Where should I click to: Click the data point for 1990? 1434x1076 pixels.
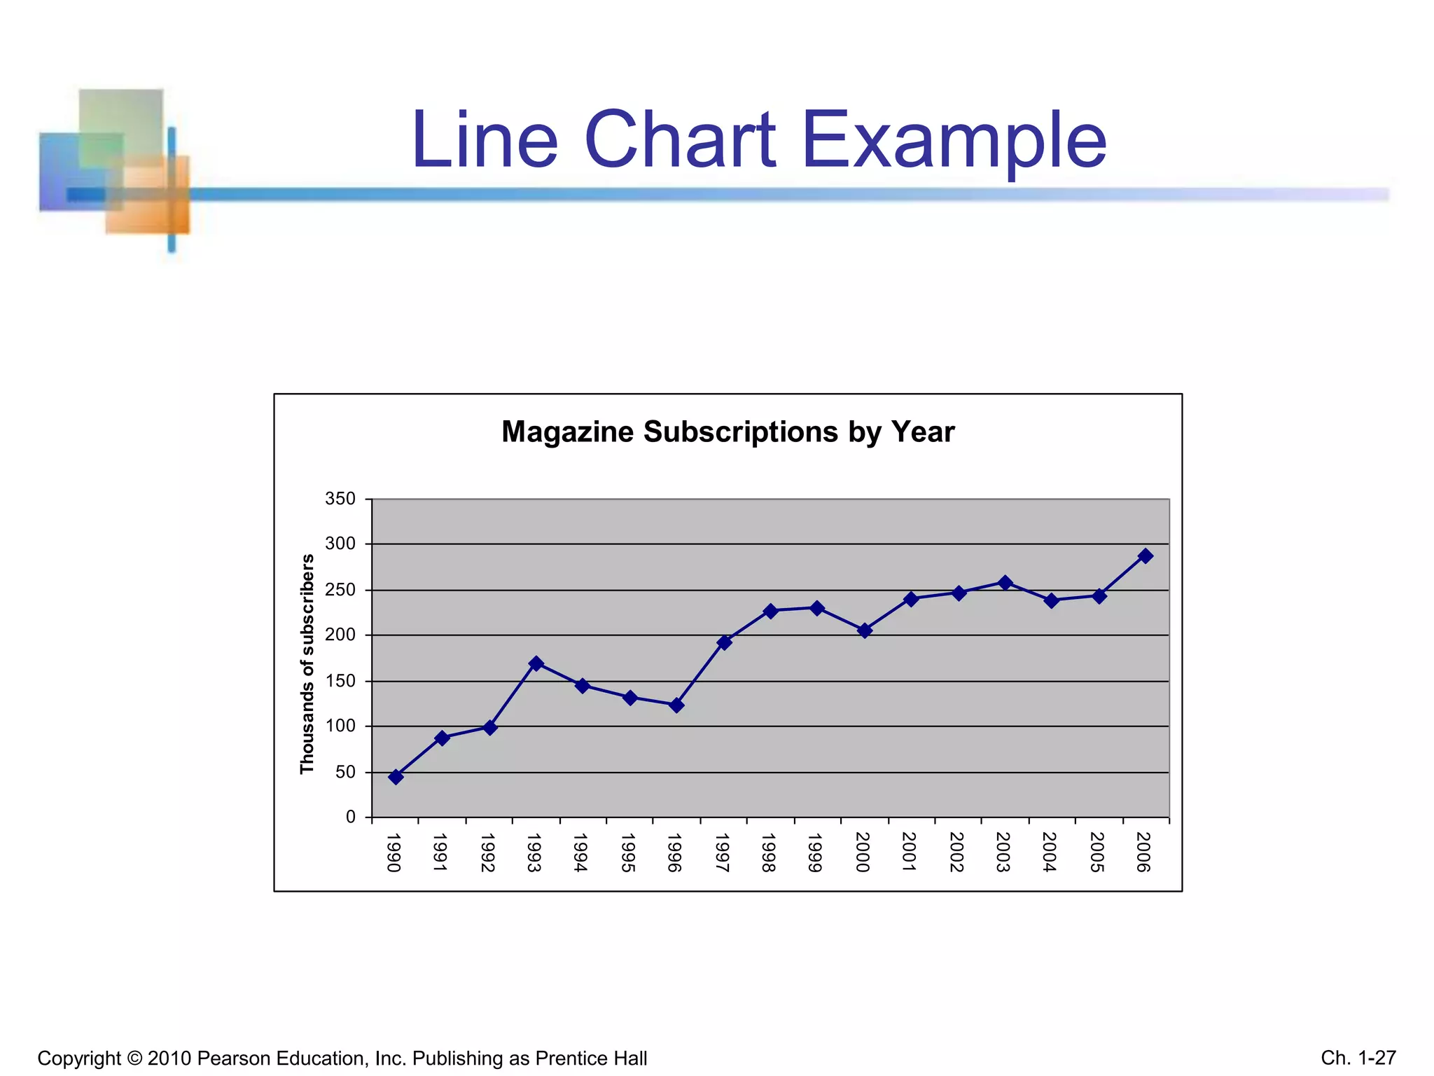coord(396,777)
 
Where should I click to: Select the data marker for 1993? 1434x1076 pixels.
coord(536,663)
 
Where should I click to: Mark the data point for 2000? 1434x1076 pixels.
coord(865,630)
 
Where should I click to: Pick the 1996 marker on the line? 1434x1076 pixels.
coord(676,705)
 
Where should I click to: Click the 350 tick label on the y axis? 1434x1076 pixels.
coord(340,499)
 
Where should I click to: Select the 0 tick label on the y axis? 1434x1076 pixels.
coord(351,818)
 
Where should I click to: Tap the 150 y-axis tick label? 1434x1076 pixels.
coord(340,682)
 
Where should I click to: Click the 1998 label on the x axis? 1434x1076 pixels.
coord(769,853)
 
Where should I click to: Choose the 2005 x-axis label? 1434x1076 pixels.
coord(1097,853)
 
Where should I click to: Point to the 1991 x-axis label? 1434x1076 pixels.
coord(440,853)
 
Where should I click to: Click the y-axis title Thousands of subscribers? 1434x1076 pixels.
coord(307,664)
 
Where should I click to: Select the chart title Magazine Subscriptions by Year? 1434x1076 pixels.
coord(728,432)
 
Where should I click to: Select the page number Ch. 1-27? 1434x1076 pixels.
coord(1358,1058)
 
